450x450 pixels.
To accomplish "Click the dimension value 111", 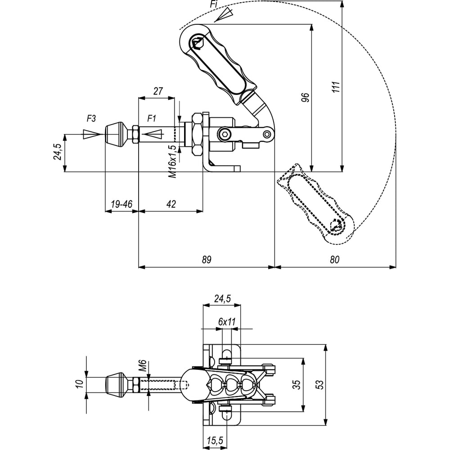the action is point(336,87).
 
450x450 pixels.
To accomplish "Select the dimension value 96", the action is point(306,97).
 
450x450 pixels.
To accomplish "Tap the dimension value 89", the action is point(207,260).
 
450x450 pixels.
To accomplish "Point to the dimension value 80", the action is point(334,260).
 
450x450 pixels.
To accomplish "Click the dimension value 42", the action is point(171,204).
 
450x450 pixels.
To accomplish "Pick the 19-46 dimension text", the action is point(121,204).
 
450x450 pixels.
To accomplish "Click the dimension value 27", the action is point(158,91).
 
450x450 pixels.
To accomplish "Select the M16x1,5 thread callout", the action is point(172,161).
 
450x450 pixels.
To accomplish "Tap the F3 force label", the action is point(91,118).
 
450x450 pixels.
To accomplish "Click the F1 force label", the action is point(151,118).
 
